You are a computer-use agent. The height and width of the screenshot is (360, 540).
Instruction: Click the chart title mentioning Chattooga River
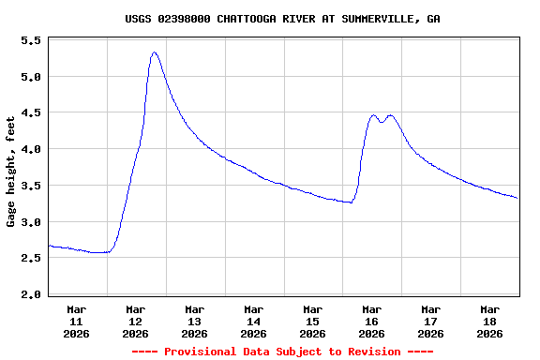pos(282,19)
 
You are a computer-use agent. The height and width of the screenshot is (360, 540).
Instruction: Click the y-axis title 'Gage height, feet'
pos(11,172)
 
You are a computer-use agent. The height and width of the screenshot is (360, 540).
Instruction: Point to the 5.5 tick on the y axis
pos(31,40)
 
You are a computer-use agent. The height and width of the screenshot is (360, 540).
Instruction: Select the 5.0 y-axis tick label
pos(31,77)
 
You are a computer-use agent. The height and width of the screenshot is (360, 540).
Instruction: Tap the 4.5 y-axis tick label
pos(31,113)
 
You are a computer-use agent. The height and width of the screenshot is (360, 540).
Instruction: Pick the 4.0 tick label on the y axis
pos(31,149)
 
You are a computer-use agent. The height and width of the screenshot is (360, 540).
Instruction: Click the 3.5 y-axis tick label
pos(31,186)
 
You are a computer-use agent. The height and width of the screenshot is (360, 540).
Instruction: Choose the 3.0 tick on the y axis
pos(31,222)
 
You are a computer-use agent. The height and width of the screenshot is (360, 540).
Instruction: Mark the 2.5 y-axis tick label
pos(31,258)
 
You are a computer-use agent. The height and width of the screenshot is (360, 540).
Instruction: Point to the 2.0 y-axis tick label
pos(31,294)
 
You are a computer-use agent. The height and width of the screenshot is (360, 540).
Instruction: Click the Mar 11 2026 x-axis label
pos(77,321)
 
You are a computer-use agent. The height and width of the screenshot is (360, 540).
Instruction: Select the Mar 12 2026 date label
pos(136,321)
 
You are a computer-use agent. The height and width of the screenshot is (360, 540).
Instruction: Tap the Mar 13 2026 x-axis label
pos(195,321)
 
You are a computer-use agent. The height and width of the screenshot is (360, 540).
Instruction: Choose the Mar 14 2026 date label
pos(254,321)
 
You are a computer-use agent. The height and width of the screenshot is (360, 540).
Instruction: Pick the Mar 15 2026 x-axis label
pos(313,321)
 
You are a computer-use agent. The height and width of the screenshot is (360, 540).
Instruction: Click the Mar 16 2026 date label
pos(372,321)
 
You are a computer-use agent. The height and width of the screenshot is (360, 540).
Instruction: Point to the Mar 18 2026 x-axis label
pos(490,321)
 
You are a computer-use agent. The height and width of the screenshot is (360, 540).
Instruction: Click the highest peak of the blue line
pos(155,52)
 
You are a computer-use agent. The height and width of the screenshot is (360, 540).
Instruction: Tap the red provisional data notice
pos(282,352)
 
